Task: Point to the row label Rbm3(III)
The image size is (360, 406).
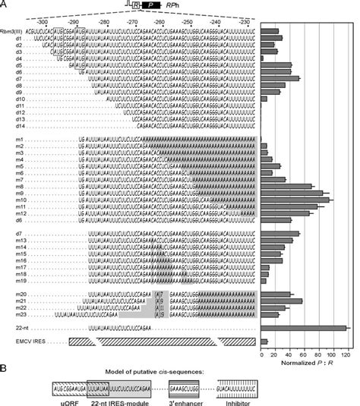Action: point(11,30)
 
